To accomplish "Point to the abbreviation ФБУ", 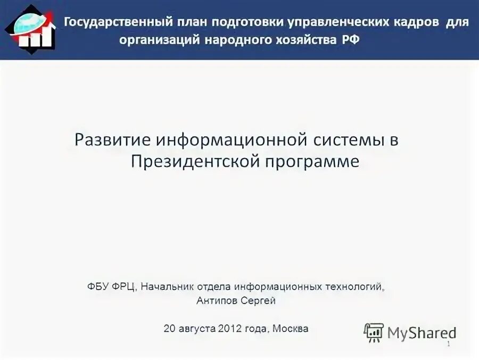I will point(98,287).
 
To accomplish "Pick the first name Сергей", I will point(260,301).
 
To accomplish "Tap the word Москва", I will point(290,329).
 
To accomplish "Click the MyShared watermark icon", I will point(374,332).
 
